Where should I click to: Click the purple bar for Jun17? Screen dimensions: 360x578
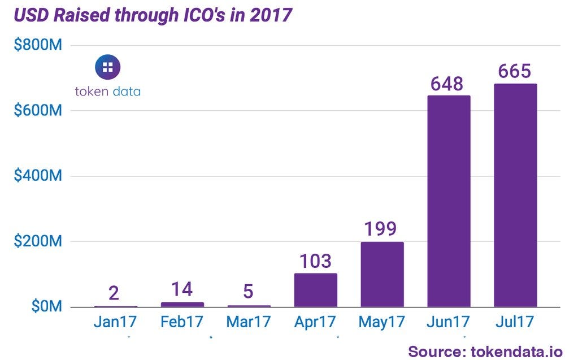[x=449, y=201]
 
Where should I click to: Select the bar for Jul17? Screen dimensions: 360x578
[x=515, y=196]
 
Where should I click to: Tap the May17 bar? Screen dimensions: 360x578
[x=382, y=275]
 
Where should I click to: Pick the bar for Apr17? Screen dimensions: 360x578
[x=315, y=290]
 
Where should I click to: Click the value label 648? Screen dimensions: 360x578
[x=446, y=84]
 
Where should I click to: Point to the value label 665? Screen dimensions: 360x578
[x=515, y=72]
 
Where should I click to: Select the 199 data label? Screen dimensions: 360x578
[x=380, y=229]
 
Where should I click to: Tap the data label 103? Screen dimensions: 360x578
[x=315, y=261]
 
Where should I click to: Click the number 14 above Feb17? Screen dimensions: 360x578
[x=181, y=289]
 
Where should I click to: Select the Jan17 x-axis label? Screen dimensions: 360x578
[x=116, y=322]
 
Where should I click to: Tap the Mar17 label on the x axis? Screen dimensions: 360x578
[x=249, y=322]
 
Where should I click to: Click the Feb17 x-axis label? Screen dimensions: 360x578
[x=182, y=322]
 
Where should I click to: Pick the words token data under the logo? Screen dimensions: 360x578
[x=107, y=91]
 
